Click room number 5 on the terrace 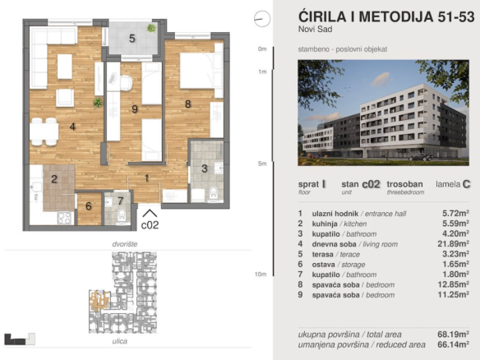point(132,39)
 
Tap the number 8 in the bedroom point(188,104)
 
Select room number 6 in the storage point(89,206)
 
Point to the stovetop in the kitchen point(65,218)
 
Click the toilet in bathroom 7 point(122,217)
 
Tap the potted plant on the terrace point(151,28)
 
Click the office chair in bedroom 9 point(126,83)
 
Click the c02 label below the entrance point(150,225)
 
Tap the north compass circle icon point(262,19)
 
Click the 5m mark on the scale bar point(262,164)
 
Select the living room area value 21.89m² point(453,243)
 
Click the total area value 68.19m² point(453,334)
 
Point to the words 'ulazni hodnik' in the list point(335,214)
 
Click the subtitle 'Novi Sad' point(316,30)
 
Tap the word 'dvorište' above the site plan point(125,244)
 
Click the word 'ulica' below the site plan point(120,341)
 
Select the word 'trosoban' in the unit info point(404,184)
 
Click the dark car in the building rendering point(421,157)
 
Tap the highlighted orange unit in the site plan point(99,300)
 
